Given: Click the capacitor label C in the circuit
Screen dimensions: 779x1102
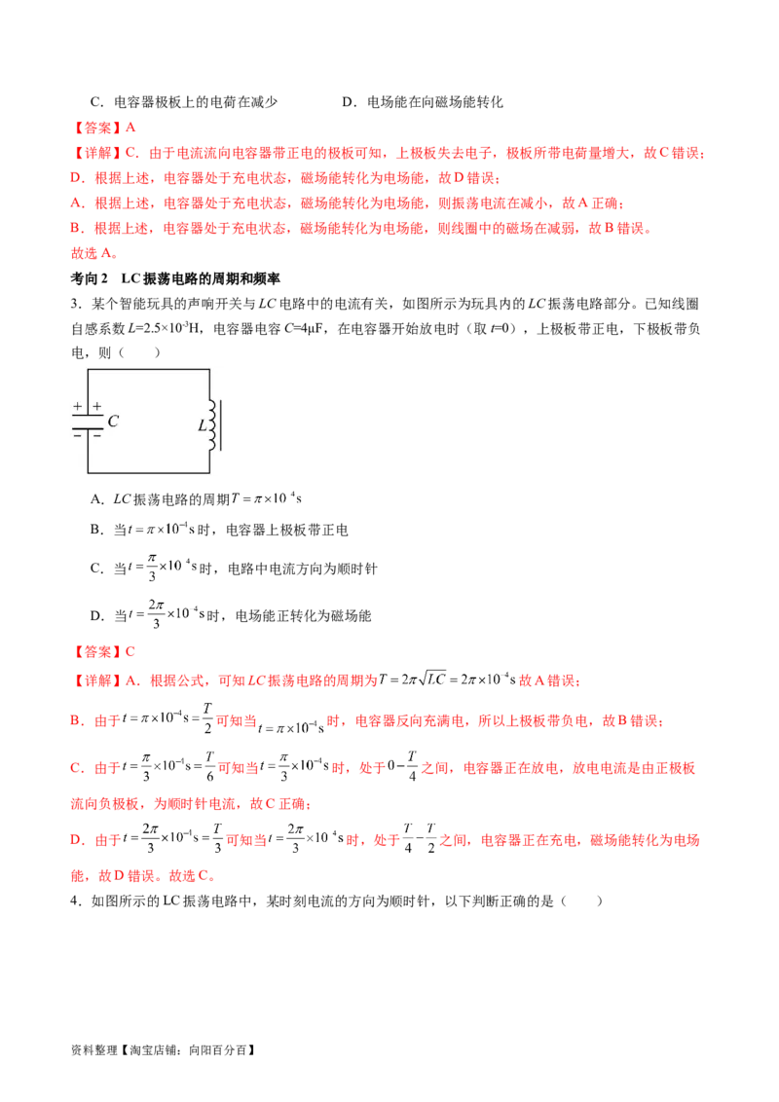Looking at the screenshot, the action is pos(113,421).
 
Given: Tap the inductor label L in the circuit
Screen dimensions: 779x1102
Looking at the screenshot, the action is pos(203,425).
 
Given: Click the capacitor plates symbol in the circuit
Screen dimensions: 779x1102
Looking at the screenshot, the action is pos(88,422).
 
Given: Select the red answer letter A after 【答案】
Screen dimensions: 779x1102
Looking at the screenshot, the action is pos(130,128).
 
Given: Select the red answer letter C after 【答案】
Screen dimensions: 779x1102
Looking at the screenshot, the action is pos(130,651).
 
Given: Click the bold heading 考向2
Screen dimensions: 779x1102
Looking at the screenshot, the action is pos(89,278).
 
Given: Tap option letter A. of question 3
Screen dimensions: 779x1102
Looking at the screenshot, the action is pos(97,499).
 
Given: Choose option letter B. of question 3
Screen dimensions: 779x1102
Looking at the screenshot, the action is pos(97,530).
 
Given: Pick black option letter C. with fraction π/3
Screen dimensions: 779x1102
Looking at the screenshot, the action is pos(97,568).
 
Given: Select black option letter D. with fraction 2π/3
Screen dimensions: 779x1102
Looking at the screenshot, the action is pos(97,615).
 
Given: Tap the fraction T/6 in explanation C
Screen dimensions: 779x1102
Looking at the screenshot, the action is pos(209,767).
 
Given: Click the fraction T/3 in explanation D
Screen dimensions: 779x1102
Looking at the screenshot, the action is pos(217,838).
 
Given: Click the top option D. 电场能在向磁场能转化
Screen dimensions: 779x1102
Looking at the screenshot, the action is pos(423,102).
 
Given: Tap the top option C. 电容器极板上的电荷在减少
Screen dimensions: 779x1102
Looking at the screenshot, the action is pos(183,102).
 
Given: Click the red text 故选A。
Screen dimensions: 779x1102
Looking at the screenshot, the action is pos(94,253).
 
